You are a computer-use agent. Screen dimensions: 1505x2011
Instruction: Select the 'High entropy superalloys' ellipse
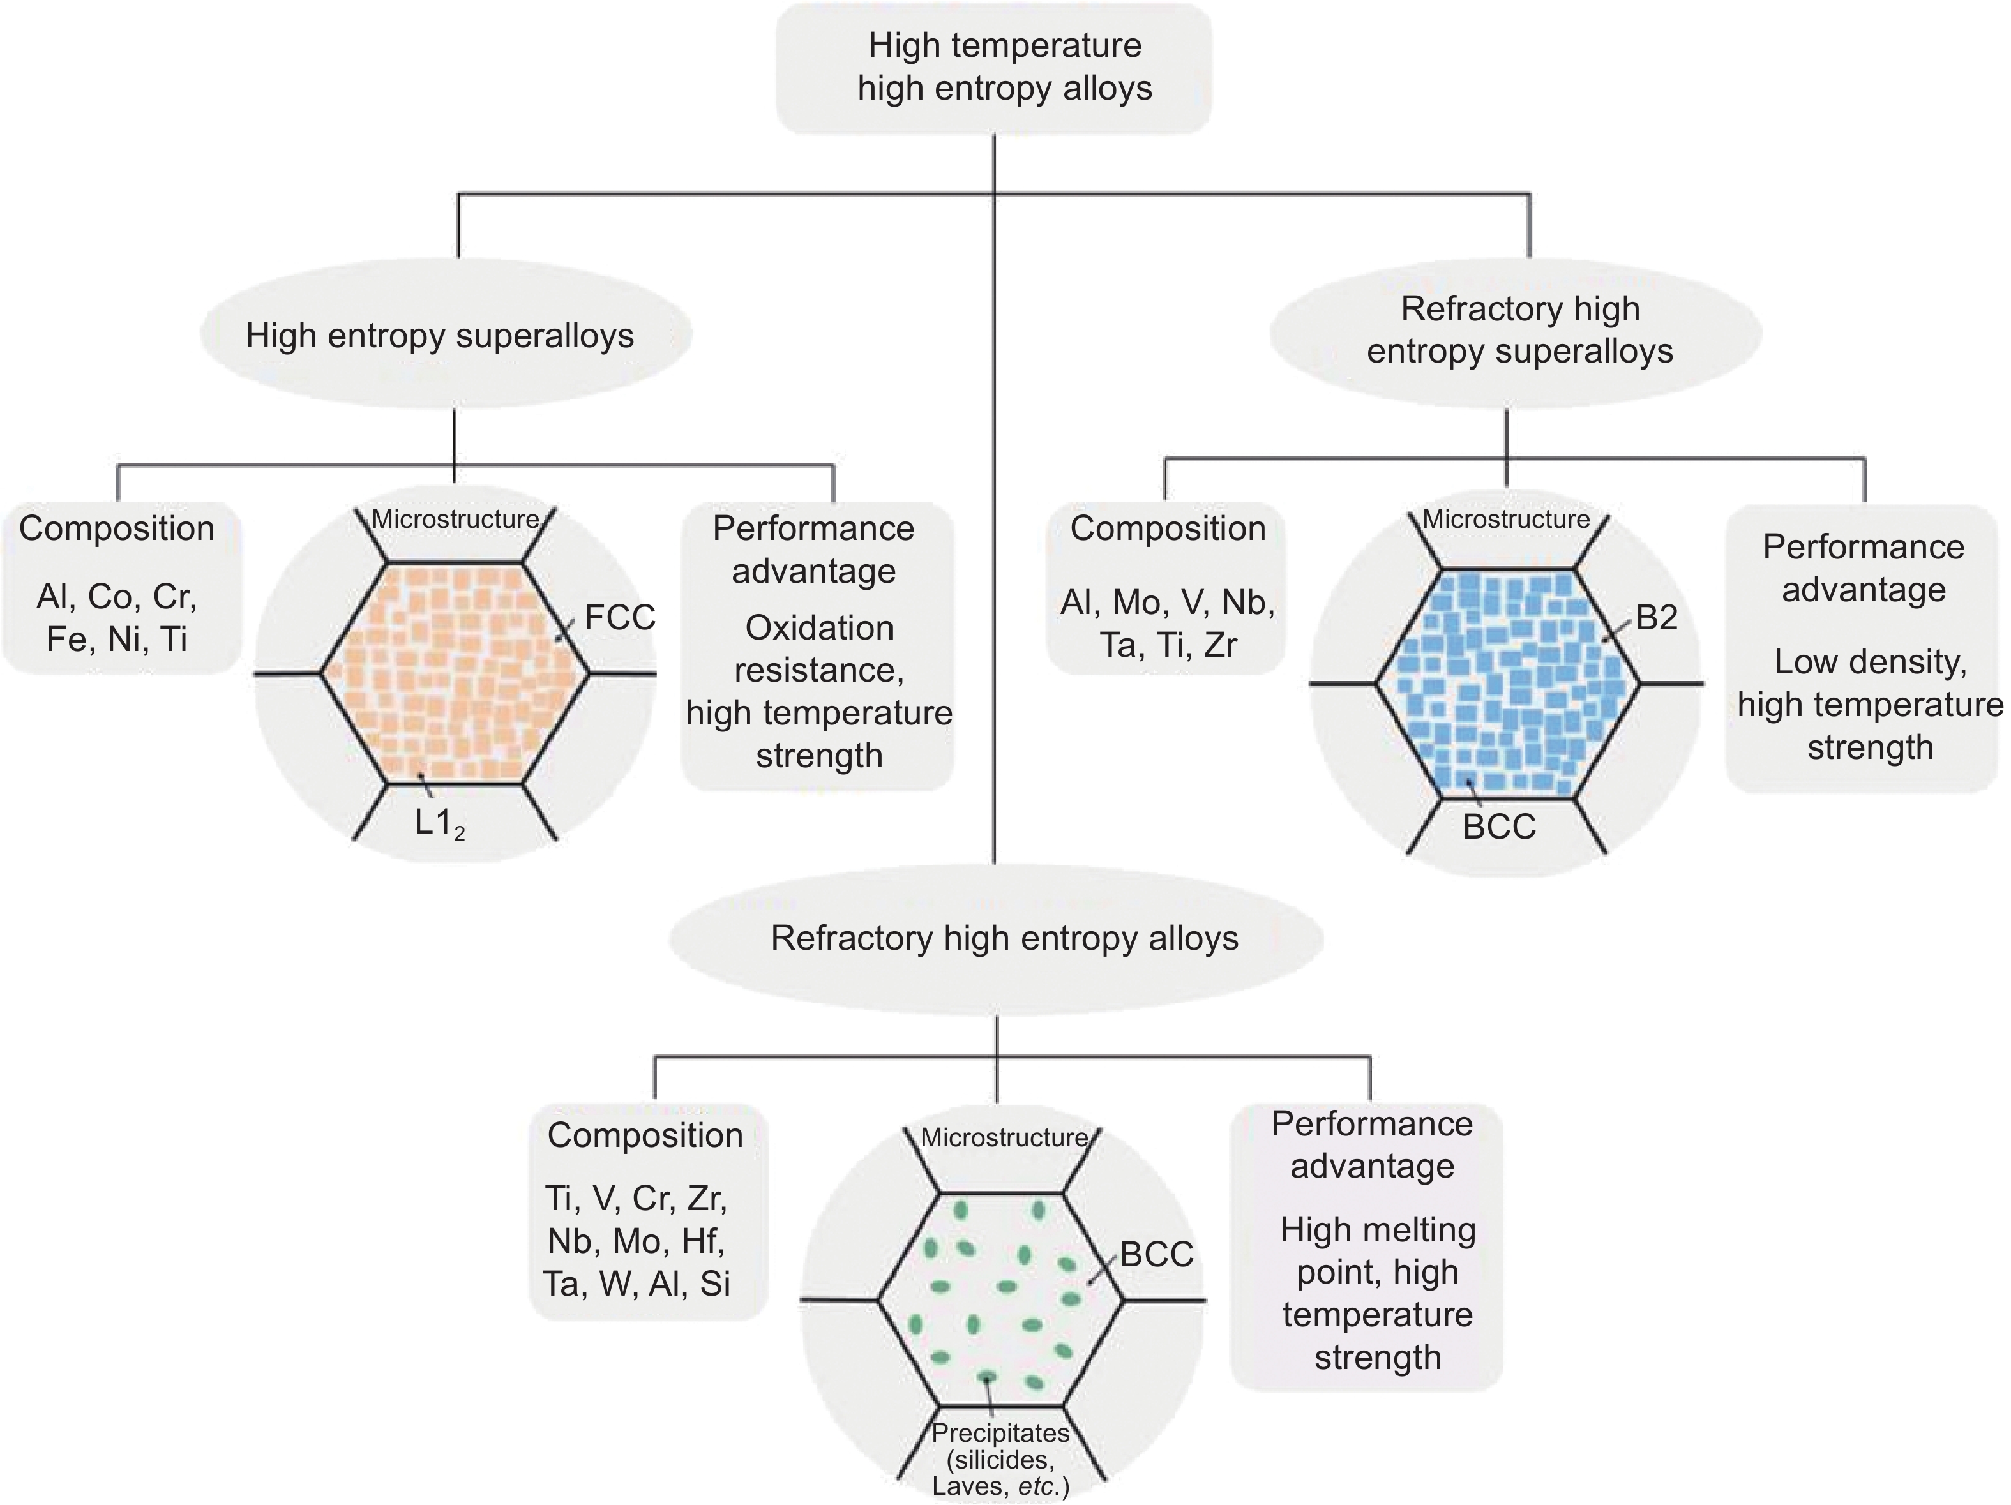tap(446, 335)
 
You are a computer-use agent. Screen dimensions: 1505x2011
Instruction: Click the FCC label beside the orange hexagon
tap(619, 617)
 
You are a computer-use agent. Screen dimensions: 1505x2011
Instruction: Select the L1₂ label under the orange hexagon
tap(439, 823)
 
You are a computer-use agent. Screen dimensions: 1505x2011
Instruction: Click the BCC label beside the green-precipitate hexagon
tap(1156, 1254)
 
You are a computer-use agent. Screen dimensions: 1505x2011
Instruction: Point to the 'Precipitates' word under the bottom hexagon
tap(1000, 1434)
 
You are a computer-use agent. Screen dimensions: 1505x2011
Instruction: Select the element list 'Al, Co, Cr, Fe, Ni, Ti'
tap(117, 618)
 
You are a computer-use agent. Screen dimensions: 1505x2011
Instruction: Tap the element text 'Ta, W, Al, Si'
tap(636, 1284)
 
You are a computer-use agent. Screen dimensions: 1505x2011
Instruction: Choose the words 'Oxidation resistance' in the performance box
tap(819, 648)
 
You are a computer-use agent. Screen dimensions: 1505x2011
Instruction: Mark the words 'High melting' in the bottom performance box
tap(1377, 1230)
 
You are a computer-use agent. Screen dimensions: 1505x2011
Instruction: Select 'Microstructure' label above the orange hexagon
tap(455, 519)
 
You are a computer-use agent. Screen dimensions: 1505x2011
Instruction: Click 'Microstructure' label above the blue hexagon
tap(1505, 519)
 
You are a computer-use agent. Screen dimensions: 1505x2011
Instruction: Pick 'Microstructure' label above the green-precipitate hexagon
tap(1004, 1137)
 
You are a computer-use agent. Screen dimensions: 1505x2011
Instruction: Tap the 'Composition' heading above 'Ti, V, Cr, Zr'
tap(645, 1135)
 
